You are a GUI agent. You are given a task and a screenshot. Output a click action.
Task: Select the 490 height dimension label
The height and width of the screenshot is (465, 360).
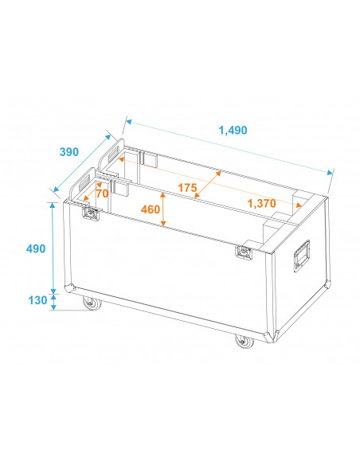pyautogui.click(x=35, y=248)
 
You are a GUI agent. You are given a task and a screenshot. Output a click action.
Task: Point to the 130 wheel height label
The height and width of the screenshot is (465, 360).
pyautogui.click(x=35, y=301)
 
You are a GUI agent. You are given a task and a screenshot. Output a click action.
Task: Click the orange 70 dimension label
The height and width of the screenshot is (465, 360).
pyautogui.click(x=101, y=193)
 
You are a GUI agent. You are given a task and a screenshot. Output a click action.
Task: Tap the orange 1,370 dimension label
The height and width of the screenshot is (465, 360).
pyautogui.click(x=262, y=204)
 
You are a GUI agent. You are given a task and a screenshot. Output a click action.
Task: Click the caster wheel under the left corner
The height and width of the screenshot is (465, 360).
pyautogui.click(x=89, y=303)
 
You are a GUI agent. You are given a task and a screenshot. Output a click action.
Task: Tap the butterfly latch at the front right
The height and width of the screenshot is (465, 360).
pyautogui.click(x=243, y=252)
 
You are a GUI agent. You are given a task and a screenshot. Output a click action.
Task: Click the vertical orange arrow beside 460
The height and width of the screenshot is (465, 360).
pyautogui.click(x=163, y=211)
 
